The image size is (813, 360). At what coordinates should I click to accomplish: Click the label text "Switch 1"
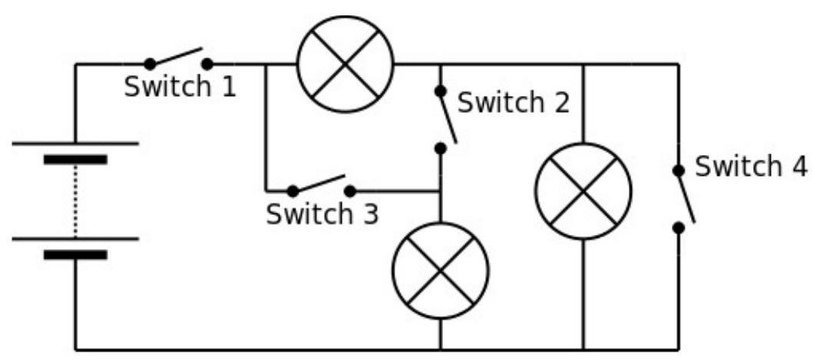[x=180, y=87]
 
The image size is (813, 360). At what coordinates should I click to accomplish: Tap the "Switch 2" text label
[x=514, y=103]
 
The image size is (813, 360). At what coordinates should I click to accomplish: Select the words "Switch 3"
[x=322, y=213]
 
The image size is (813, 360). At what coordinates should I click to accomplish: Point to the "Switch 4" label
[x=751, y=167]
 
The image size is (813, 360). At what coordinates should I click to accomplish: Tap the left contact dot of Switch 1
[x=150, y=64]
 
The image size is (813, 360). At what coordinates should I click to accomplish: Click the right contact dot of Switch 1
[x=207, y=64]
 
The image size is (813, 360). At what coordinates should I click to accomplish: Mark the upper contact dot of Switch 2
[x=441, y=91]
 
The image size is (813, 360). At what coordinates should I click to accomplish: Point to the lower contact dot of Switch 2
[x=441, y=148]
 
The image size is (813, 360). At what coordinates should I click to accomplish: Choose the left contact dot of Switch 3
[x=293, y=191]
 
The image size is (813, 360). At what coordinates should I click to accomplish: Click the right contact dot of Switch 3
[x=350, y=191]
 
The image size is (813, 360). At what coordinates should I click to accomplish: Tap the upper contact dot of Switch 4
[x=678, y=170]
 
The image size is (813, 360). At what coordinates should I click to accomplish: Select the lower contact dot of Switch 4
[x=678, y=228]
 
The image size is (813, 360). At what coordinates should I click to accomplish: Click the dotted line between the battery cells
[x=76, y=200]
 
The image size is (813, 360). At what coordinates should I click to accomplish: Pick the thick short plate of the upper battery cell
[x=76, y=159]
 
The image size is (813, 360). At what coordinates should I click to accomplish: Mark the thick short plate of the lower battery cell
[x=76, y=255]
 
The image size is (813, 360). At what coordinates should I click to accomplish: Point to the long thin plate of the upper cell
[x=76, y=144]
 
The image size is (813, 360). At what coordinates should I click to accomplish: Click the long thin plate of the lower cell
[x=76, y=239]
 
